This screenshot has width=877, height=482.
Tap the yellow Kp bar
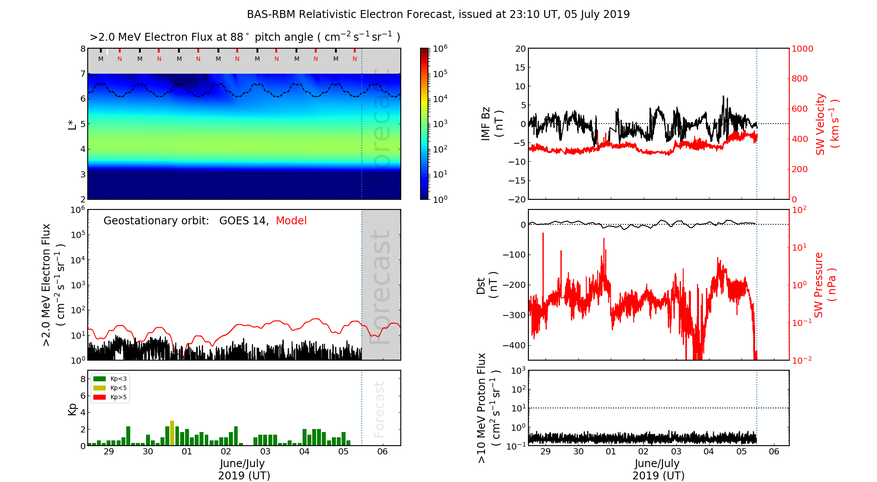[172, 433]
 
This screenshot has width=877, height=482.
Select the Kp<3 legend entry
[110, 379]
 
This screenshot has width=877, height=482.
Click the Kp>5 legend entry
[110, 397]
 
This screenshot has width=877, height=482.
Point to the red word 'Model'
[291, 221]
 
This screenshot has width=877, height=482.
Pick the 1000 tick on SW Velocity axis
[802, 49]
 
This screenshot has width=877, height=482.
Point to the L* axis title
[72, 124]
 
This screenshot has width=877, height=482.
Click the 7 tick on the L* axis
[82, 74]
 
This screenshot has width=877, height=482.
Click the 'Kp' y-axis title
[72, 409]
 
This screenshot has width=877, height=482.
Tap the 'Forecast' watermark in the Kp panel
[379, 409]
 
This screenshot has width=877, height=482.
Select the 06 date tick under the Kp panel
[382, 452]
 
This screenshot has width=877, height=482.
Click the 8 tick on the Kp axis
[82, 379]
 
